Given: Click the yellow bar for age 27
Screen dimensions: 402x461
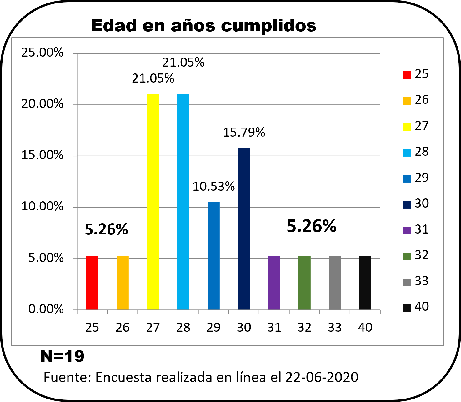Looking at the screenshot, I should click(153, 202).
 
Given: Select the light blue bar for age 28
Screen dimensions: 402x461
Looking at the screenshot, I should click(183, 202).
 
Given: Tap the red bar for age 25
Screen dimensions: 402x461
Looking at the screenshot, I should click(92, 283).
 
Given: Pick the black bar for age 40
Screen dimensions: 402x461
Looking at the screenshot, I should click(365, 283).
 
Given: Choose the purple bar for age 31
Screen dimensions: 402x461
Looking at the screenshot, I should click(274, 283).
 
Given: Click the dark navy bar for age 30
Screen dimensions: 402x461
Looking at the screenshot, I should click(244, 229).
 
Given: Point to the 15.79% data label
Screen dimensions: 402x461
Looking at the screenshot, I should click(244, 133).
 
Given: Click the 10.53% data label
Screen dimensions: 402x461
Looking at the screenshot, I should click(213, 187).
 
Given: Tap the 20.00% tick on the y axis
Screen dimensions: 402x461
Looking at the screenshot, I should click(42, 104).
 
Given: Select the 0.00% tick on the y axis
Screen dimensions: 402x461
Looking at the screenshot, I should click(46, 309).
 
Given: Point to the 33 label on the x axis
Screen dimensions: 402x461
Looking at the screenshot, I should click(334, 328).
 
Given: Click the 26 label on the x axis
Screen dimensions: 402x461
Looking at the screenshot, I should click(122, 328).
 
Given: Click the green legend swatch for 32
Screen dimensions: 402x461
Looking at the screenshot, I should click(407, 256).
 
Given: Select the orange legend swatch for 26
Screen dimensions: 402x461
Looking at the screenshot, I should click(407, 101).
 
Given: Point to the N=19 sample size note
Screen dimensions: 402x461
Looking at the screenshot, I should click(63, 356).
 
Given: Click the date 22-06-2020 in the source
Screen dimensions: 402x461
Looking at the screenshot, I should click(322, 377).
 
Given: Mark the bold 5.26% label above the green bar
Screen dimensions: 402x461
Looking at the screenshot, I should click(311, 226).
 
